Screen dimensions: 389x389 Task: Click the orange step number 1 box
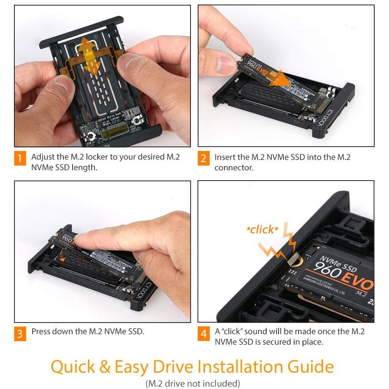20,158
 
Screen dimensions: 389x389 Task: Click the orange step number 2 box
203,158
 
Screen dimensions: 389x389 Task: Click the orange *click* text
262,230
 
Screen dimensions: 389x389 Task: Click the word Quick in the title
79,367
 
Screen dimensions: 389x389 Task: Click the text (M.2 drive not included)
193,383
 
